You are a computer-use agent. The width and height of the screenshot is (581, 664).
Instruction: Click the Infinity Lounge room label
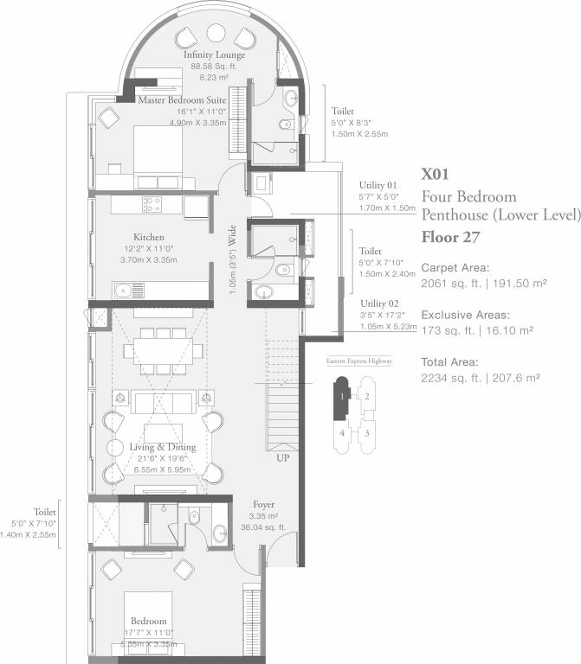[214, 55]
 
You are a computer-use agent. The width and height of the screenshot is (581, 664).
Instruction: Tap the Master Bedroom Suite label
[182, 100]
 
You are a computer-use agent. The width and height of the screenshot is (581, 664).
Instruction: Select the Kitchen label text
[149, 237]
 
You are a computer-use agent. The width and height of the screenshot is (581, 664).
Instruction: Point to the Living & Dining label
[163, 447]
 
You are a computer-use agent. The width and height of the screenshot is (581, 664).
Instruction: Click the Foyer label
[264, 503]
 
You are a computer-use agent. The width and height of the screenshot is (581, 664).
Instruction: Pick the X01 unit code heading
[436, 174]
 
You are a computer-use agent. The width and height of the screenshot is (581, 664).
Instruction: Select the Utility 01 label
[379, 184]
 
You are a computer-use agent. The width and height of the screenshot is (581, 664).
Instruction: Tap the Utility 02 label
[379, 304]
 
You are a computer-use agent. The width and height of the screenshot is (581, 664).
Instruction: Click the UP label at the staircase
[283, 458]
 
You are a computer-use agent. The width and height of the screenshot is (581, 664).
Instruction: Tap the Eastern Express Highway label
[358, 361]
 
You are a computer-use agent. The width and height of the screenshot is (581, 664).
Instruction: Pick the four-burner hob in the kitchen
[152, 205]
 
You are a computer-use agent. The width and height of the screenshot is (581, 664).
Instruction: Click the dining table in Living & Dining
[162, 350]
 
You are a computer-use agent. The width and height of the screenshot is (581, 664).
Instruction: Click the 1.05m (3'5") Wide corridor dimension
[232, 259]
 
